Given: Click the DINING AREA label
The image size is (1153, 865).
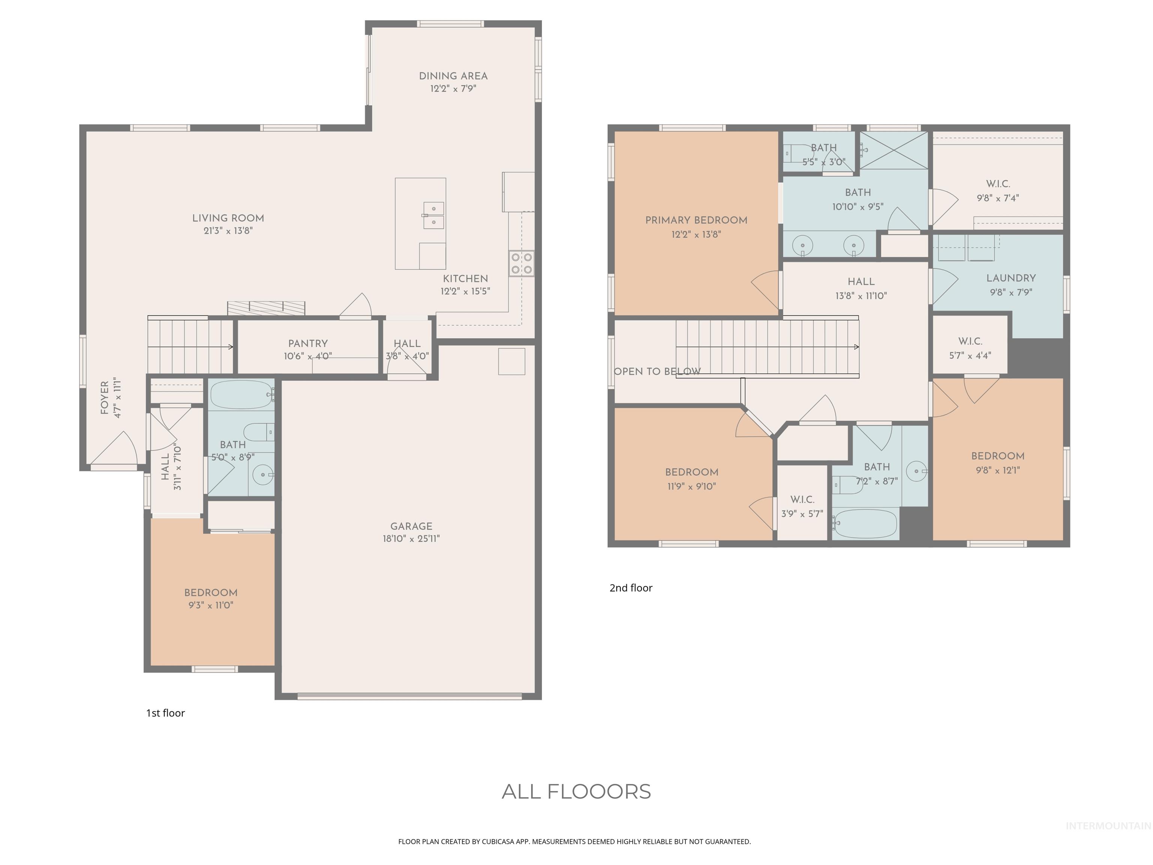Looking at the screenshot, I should [x=453, y=76].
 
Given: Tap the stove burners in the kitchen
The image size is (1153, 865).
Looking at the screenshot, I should [x=522, y=263].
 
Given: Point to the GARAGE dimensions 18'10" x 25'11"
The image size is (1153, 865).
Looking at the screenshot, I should [x=411, y=539].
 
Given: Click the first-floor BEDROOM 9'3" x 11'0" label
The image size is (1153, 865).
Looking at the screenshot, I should [x=211, y=593].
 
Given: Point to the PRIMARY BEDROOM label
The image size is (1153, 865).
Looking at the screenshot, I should [x=696, y=220].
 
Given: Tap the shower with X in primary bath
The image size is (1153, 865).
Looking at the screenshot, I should [x=893, y=150].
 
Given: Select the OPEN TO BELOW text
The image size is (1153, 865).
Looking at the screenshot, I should [x=657, y=372].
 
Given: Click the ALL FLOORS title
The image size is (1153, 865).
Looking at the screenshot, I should [x=576, y=791].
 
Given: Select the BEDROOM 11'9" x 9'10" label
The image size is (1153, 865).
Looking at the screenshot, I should [x=691, y=472].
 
